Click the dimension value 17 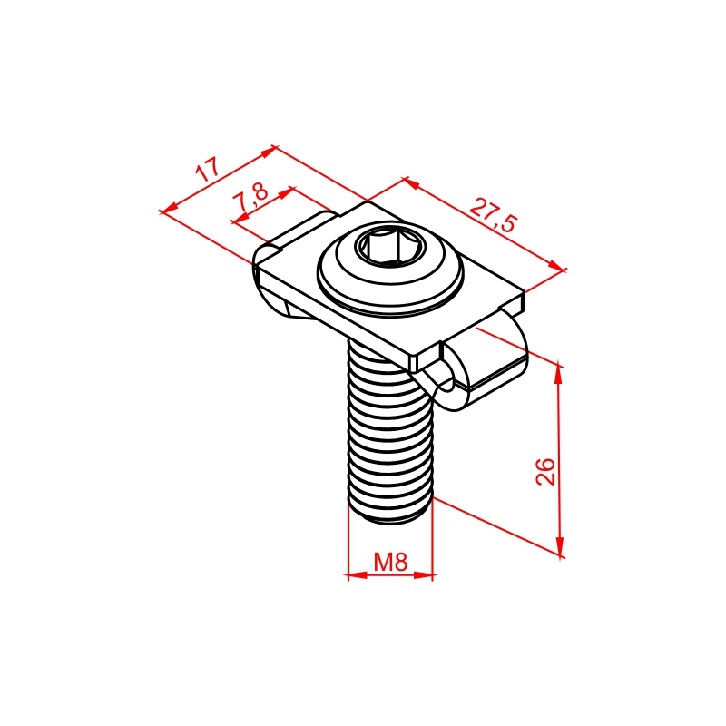[x=207, y=170]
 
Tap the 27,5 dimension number [x=492, y=215]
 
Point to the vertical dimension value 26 [x=545, y=471]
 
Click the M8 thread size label [x=390, y=562]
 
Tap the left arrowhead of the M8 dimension [x=357, y=575]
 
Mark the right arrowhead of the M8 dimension [x=423, y=575]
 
